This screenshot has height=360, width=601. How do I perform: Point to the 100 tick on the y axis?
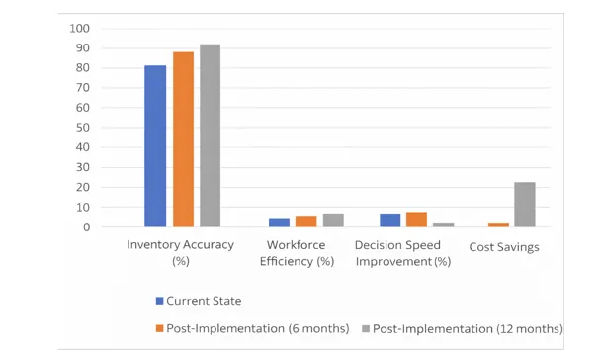click(80, 28)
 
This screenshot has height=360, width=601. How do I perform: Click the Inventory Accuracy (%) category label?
click(180, 252)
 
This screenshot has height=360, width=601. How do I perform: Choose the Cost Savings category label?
click(504, 247)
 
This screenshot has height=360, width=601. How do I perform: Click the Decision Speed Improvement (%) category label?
click(402, 253)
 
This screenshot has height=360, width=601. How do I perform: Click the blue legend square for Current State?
click(160, 301)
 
